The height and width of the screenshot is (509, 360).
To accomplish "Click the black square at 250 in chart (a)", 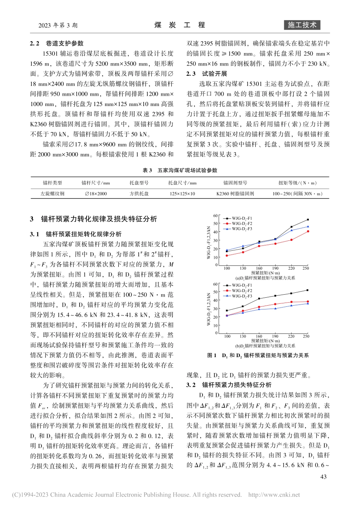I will (308, 220).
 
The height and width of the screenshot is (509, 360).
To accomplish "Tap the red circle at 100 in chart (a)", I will (227, 256).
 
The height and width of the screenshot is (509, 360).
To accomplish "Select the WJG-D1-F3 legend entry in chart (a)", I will (242, 229).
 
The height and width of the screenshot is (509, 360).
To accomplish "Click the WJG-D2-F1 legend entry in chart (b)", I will (242, 285).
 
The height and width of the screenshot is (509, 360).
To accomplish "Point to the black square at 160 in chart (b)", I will (259, 299).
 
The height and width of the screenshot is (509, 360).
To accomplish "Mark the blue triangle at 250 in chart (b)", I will (308, 303).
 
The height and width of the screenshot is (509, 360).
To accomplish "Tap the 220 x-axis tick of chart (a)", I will (291, 268).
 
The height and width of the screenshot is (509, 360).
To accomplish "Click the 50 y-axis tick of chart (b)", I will (215, 292).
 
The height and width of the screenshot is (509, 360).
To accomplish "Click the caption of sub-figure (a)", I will (265, 278).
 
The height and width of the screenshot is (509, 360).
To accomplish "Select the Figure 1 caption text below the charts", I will (258, 355).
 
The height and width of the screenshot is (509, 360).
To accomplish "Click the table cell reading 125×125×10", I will (182, 194).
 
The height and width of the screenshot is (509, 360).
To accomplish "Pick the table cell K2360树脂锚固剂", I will (235, 194).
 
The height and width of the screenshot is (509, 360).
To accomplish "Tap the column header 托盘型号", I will (139, 183).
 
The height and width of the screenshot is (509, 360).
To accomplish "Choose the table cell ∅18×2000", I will (96, 194).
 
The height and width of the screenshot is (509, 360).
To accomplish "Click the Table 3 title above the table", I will (180, 170).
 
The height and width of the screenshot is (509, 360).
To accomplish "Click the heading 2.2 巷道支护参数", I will (57, 43).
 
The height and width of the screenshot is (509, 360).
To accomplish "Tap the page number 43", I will (323, 477).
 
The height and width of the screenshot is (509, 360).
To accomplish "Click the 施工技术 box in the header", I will (302, 25).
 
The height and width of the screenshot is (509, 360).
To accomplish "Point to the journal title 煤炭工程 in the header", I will (180, 25).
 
